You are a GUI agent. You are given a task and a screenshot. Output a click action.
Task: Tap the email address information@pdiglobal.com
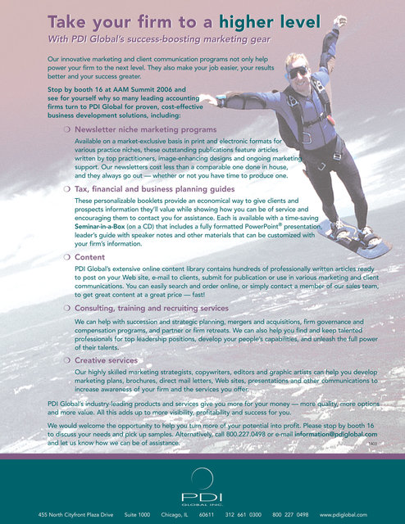tap(331, 434)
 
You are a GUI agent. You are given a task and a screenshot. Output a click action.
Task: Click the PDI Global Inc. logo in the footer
tap(202, 484)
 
